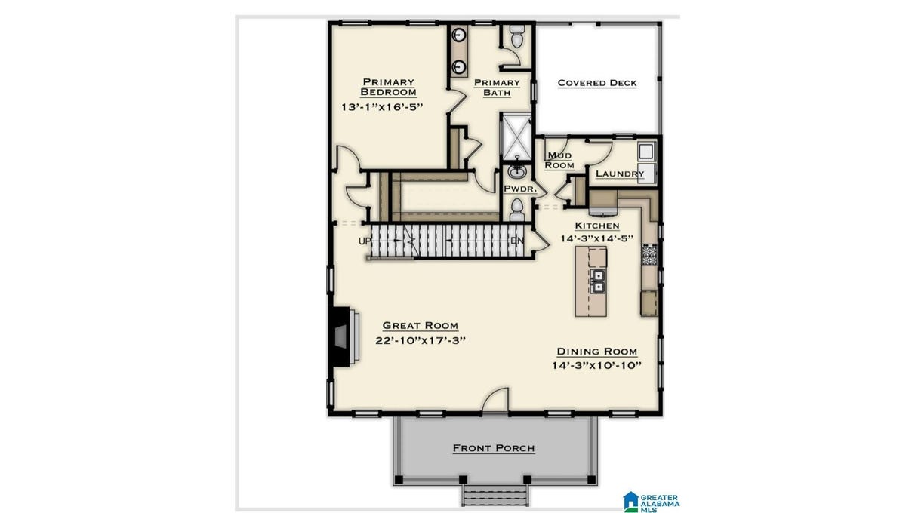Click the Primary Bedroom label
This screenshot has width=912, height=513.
(388, 87)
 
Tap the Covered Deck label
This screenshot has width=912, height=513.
(597, 83)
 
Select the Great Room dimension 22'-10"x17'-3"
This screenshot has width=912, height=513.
(421, 340)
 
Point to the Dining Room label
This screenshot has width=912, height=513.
(597, 351)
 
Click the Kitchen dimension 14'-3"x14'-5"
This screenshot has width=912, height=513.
(597, 238)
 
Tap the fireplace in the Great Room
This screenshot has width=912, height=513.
(344, 336)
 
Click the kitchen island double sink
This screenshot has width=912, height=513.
(598, 281)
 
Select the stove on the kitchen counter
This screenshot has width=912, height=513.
(649, 255)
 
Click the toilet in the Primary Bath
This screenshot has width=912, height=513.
(517, 37)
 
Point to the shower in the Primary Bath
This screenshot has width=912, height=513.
(516, 137)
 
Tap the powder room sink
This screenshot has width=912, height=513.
(517, 170)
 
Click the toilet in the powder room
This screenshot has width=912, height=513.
(517, 209)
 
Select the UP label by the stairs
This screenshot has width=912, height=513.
(365, 241)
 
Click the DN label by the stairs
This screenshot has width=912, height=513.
(517, 241)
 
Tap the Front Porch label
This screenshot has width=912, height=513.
(494, 448)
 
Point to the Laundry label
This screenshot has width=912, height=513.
(620, 174)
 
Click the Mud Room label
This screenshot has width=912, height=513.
(559, 160)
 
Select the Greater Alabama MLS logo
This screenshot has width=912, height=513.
(651, 503)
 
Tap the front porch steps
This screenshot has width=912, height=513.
(495, 496)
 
